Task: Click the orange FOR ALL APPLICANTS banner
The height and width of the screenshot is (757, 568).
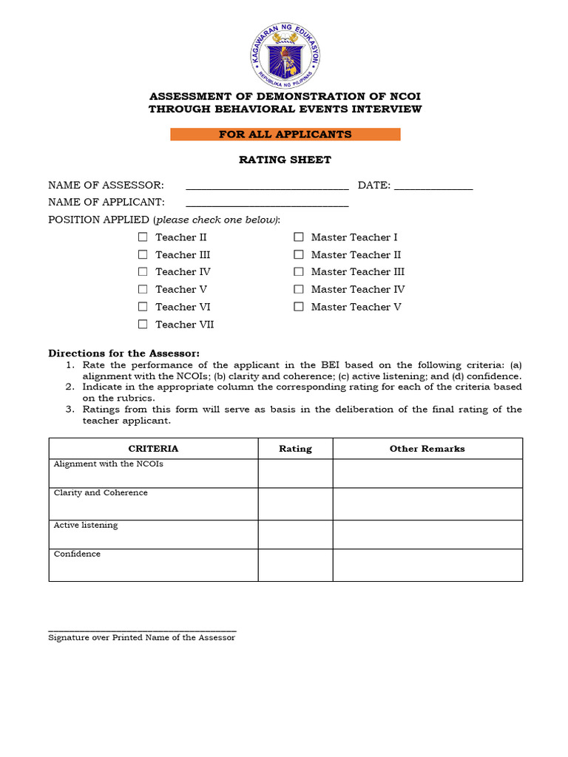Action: click(x=285, y=135)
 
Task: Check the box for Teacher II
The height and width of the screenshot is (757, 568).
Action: click(x=142, y=237)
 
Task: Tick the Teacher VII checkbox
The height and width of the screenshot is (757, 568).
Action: click(x=142, y=325)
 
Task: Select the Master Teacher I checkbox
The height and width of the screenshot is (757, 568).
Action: click(x=299, y=237)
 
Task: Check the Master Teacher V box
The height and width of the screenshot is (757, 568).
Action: click(x=299, y=307)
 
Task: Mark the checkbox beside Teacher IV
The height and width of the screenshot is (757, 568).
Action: click(x=142, y=272)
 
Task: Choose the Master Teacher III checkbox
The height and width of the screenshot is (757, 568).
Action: click(x=299, y=272)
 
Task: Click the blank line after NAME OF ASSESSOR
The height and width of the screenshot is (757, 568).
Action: click(x=267, y=186)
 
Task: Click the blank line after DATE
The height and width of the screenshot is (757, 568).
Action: click(x=433, y=186)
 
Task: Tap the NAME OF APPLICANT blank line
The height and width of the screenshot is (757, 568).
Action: click(x=267, y=203)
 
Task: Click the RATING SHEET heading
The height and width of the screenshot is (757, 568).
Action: click(x=285, y=160)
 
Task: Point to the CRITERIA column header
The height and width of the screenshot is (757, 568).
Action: click(x=153, y=449)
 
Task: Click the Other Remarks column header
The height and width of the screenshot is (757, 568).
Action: click(x=427, y=449)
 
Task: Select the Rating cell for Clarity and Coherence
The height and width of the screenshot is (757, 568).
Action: click(x=295, y=504)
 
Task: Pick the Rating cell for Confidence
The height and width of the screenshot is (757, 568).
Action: click(x=295, y=565)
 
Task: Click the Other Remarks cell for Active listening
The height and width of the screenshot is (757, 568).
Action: click(x=427, y=534)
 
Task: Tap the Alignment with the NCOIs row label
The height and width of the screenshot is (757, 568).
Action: click(x=108, y=464)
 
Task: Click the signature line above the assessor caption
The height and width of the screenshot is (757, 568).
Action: click(x=142, y=628)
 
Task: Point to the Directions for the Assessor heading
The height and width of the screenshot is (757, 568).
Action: click(x=124, y=353)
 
